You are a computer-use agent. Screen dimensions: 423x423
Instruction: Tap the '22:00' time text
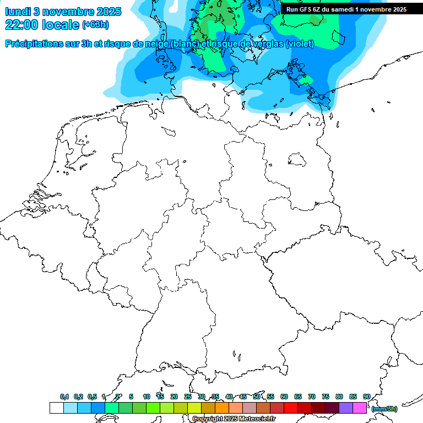(22, 25)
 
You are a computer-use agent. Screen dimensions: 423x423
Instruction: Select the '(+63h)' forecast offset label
(95, 25)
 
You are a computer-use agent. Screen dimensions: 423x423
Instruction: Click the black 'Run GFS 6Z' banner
(346, 9)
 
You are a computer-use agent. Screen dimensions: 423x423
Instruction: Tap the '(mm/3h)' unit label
(384, 409)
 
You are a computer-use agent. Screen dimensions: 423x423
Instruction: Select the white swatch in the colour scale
(56, 408)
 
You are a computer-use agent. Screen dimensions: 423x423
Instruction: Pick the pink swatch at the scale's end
(360, 408)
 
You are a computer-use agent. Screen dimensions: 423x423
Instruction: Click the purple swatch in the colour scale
(346, 408)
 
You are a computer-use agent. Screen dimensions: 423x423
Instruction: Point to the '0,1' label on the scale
(64, 397)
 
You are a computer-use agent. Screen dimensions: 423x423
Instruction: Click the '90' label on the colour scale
(366, 397)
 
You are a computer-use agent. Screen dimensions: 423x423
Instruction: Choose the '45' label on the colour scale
(243, 397)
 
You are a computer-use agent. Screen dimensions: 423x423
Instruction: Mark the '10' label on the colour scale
(147, 397)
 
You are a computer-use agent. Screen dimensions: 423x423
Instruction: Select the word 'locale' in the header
(60, 25)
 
